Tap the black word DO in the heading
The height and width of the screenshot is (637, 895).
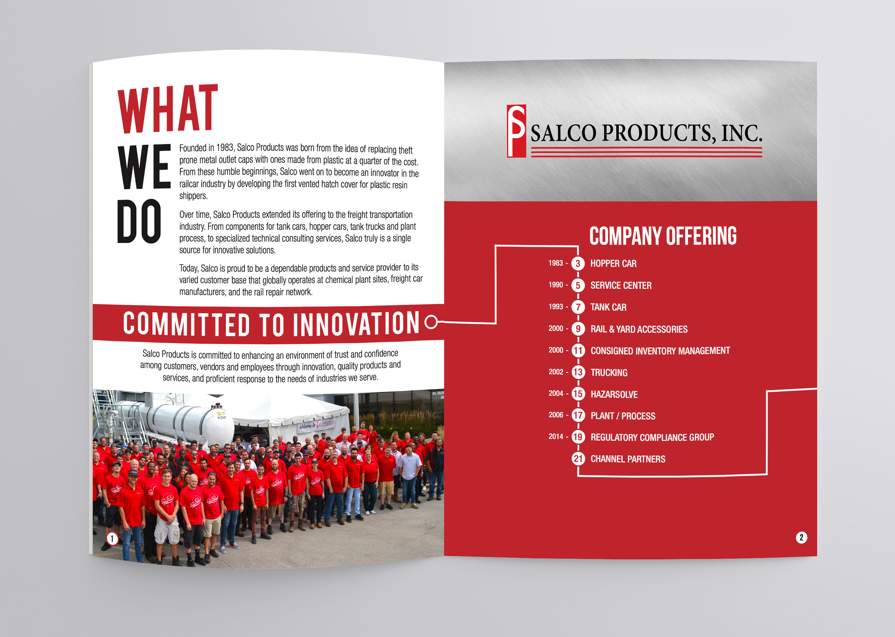(x=139, y=221)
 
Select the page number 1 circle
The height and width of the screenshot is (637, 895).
(x=112, y=539)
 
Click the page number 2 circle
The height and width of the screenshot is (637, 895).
(x=801, y=537)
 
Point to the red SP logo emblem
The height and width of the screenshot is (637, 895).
(x=516, y=131)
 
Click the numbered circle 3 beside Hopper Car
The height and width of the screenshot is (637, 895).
(x=578, y=264)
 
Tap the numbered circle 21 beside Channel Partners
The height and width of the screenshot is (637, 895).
(x=578, y=459)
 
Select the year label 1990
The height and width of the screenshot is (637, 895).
(x=556, y=285)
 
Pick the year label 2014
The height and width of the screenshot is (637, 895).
(x=556, y=436)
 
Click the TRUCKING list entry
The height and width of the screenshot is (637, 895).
(x=609, y=373)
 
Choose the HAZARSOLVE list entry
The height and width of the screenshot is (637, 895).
(x=614, y=394)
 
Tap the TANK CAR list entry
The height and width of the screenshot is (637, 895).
(x=608, y=307)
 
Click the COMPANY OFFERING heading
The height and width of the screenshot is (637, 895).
(x=663, y=236)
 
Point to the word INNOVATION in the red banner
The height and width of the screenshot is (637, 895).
(x=356, y=324)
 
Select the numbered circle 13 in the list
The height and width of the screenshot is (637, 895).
(x=578, y=372)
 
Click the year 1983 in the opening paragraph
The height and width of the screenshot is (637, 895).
(x=225, y=147)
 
